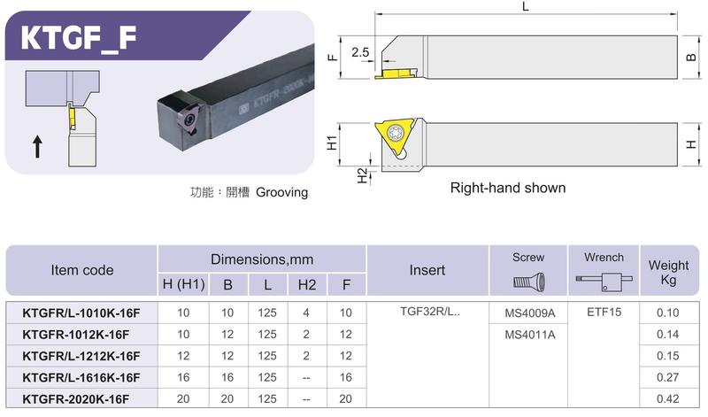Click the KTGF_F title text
[x=78, y=38]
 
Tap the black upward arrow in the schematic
[x=38, y=147]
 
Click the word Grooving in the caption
[x=281, y=192]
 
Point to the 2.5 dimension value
[x=360, y=52]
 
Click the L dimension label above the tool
[x=525, y=6]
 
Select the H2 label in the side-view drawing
[x=362, y=176]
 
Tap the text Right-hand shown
[x=508, y=188]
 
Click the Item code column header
[x=81, y=270]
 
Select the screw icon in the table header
[x=529, y=282]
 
